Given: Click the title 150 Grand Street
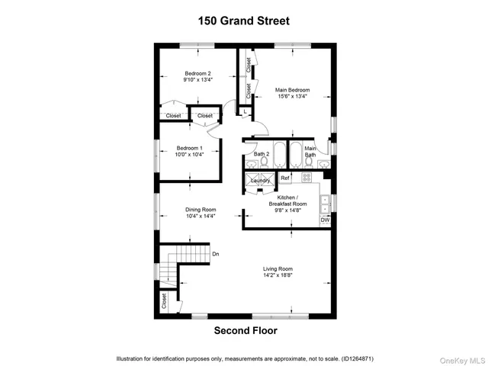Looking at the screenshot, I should (x=245, y=21).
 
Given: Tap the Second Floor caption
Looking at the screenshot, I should (x=245, y=331).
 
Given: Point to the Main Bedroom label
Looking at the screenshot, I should (x=293, y=90).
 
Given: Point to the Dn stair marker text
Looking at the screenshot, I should (x=216, y=254).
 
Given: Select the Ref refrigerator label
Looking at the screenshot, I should (x=285, y=178).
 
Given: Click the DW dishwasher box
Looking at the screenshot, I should (x=325, y=220).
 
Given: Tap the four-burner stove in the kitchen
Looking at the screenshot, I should (x=307, y=177).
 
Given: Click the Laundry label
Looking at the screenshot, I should (x=261, y=181).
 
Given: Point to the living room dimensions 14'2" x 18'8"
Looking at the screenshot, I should (x=278, y=275).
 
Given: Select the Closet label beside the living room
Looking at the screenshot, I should (x=164, y=301).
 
